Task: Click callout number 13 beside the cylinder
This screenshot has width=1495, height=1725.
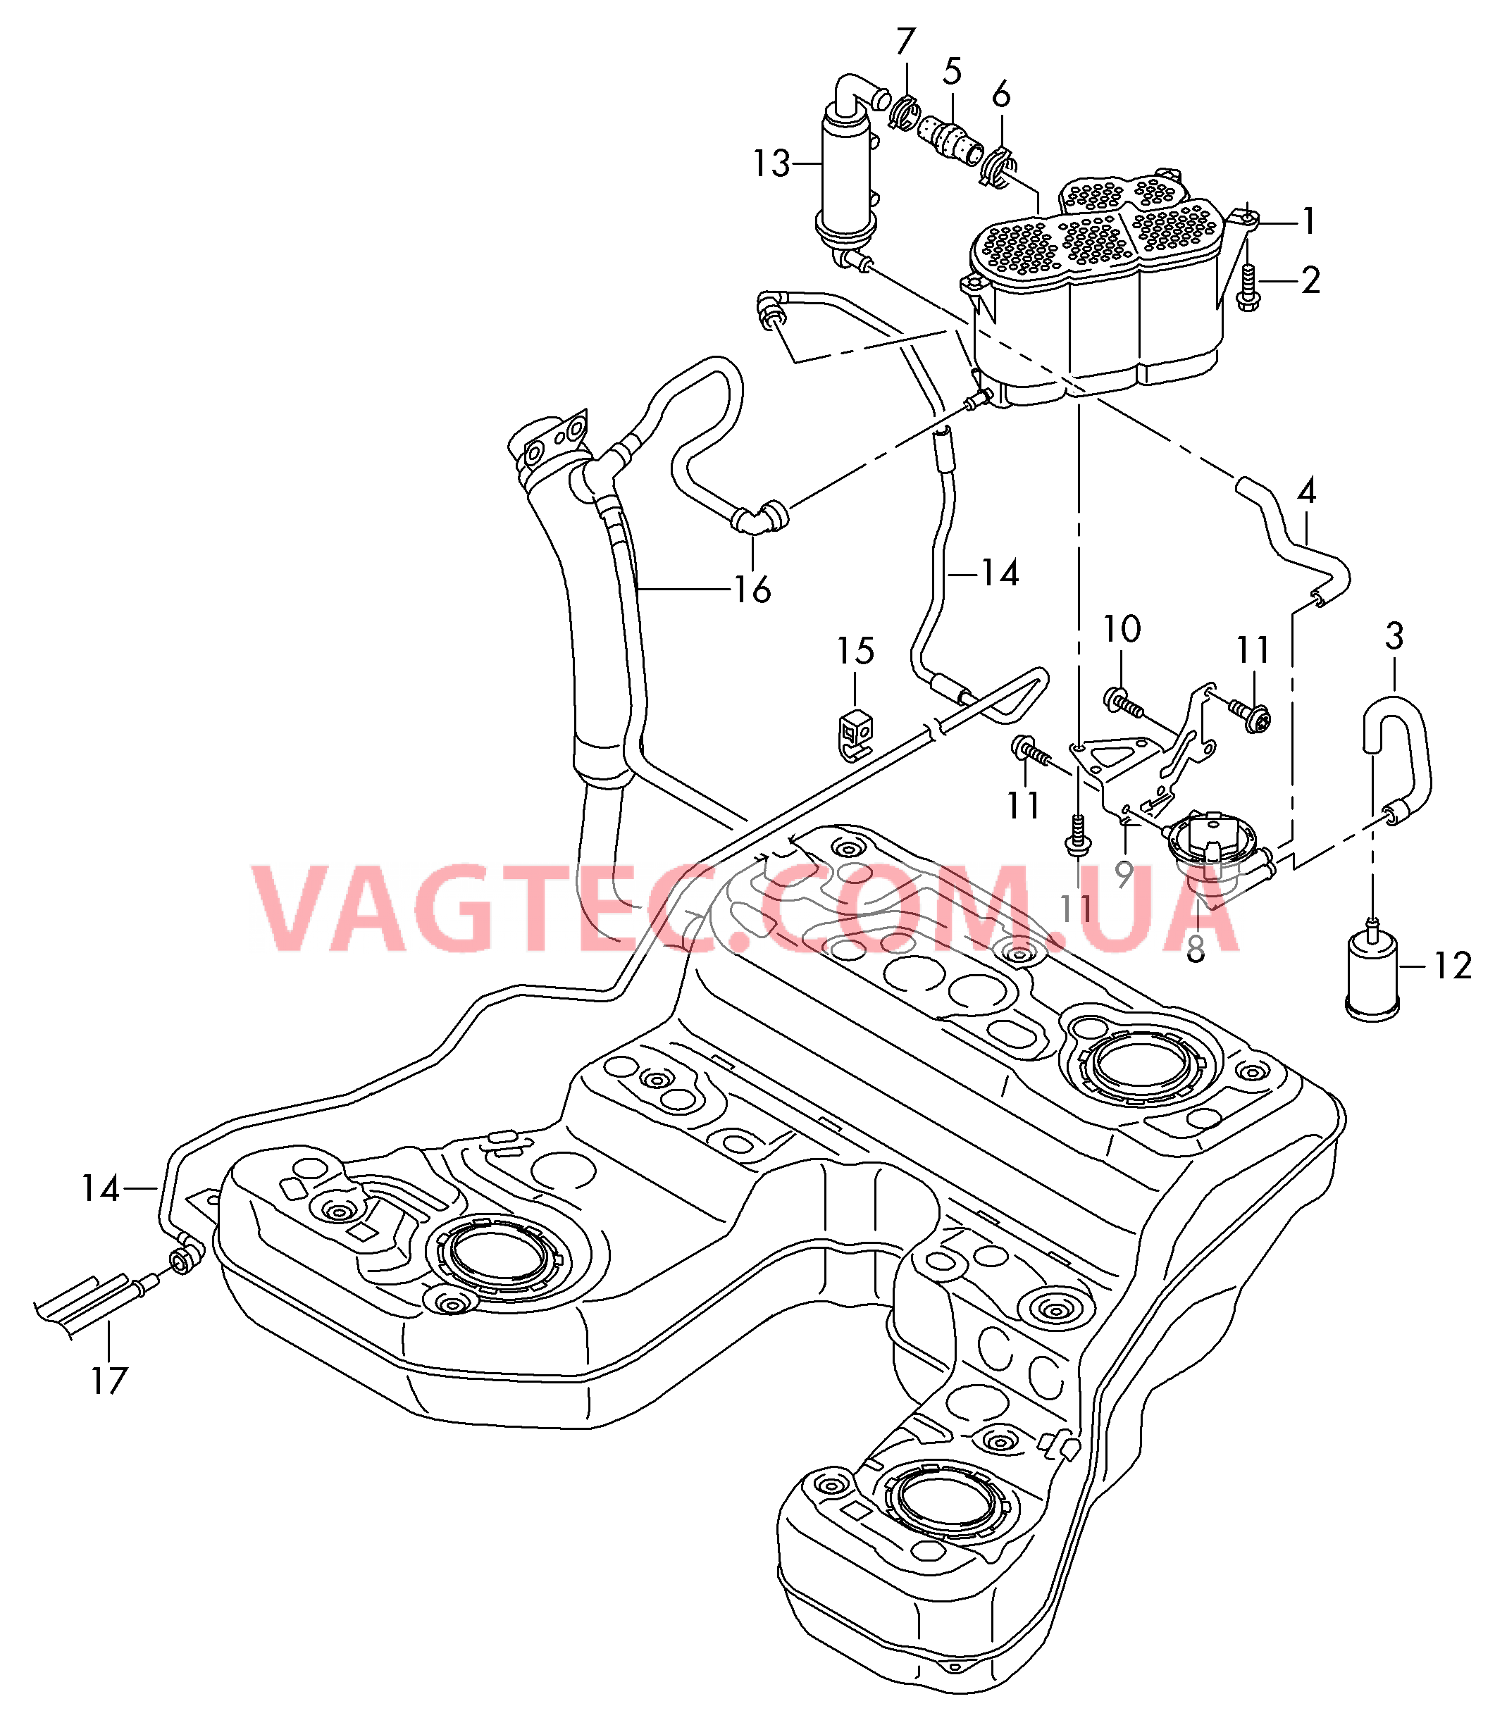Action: pos(771,163)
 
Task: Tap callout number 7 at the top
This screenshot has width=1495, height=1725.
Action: pos(906,41)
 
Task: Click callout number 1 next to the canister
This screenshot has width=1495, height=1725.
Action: pos(1309,222)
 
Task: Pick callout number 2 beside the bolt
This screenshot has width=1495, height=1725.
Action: pos(1310,281)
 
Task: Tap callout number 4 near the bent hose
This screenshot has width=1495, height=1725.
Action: pos(1306,492)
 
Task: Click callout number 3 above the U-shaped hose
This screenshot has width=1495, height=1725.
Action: pos(1394,637)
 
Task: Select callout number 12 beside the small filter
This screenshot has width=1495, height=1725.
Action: pos(1453,967)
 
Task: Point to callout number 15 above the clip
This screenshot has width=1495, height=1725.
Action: pos(855,652)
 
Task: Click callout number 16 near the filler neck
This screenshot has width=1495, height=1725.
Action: pos(752,590)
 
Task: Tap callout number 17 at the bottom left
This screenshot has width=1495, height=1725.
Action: pos(108,1381)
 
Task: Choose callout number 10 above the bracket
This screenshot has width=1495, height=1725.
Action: pos(1122,630)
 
